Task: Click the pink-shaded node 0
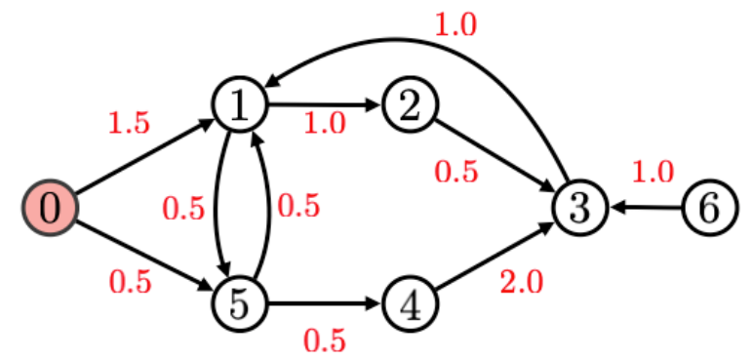(50, 207)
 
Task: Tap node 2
(411, 105)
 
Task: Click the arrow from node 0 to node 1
(144, 157)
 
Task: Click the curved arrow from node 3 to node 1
(429, 41)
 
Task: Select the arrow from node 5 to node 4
(324, 304)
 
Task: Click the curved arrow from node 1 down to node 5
(216, 205)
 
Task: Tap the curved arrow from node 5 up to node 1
(267, 205)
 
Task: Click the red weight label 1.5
(129, 123)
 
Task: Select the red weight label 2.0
(522, 282)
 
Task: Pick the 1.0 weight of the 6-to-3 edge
(653, 173)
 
